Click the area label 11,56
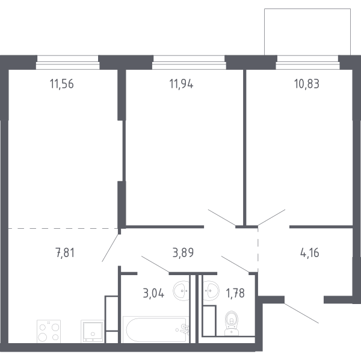(62, 84)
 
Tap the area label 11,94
(181, 84)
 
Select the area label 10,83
(307, 84)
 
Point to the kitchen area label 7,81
(65, 253)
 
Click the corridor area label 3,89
(183, 253)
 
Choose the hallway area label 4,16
(310, 253)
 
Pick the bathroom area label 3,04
(153, 293)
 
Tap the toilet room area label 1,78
(235, 293)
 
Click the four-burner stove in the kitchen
(49, 331)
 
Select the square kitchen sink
(92, 331)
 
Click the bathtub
(156, 329)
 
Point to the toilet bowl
(232, 323)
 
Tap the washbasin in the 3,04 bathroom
(182, 291)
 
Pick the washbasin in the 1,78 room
(211, 291)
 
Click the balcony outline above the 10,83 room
(307, 9)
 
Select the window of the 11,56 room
(67, 63)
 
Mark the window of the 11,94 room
(189, 63)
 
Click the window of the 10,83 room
(307, 63)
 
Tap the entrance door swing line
(301, 313)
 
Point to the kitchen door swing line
(111, 248)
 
